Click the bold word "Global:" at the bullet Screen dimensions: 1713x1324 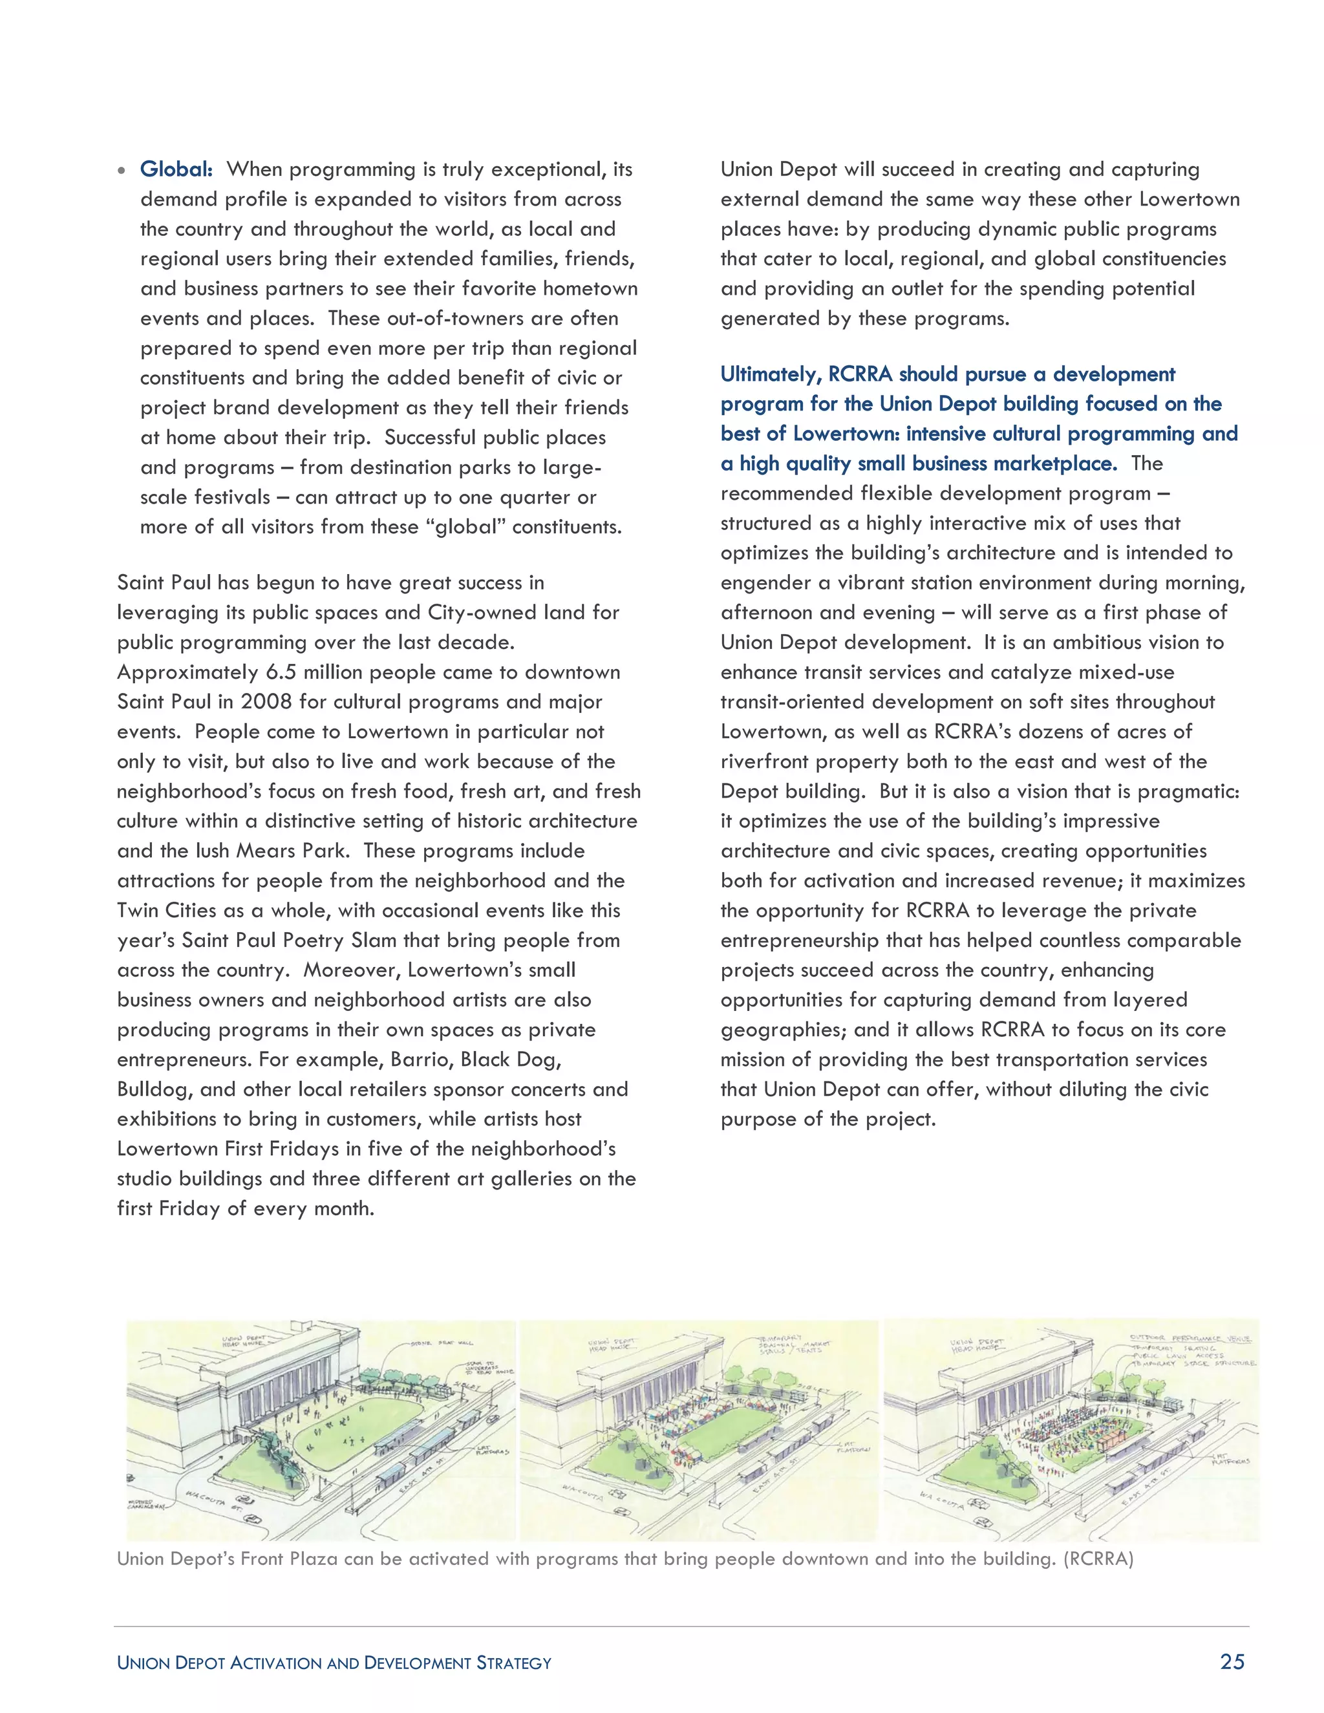click(x=176, y=169)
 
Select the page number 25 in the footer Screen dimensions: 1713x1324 click(x=1232, y=1661)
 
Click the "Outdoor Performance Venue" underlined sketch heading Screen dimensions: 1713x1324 click(x=1190, y=1337)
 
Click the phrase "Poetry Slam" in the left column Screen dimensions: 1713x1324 click(x=338, y=941)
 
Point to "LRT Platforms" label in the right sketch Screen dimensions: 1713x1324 click(x=1229, y=1456)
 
